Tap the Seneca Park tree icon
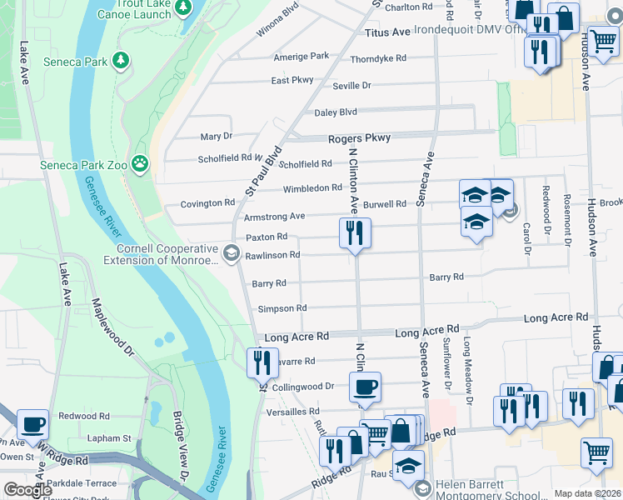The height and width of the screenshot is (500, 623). tap(121, 60)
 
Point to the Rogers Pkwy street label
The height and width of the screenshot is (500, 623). tap(359, 139)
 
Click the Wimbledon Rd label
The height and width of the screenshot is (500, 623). tap(312, 188)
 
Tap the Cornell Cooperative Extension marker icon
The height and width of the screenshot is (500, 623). tap(231, 252)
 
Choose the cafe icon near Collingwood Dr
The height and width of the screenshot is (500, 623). tap(364, 387)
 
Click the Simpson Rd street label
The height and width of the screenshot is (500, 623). tap(282, 308)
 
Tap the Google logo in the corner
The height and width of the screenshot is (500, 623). tap(27, 490)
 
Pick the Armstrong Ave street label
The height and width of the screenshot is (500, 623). tap(274, 216)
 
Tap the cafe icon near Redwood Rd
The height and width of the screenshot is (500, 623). tap(32, 423)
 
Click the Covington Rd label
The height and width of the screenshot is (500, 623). tap(207, 203)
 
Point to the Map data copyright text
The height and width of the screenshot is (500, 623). tap(587, 493)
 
